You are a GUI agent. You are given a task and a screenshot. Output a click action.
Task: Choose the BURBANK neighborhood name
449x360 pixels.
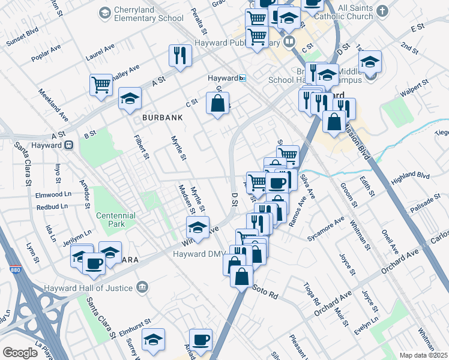161,118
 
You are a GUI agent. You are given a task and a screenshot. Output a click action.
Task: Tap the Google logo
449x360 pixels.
20,352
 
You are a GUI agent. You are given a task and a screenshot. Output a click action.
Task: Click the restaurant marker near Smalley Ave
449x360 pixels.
180,56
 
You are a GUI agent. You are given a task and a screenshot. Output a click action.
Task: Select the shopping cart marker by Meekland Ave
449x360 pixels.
101,84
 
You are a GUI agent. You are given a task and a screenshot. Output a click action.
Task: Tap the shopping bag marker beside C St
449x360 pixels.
217,103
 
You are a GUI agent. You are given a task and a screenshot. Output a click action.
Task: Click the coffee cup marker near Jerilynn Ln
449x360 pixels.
94,264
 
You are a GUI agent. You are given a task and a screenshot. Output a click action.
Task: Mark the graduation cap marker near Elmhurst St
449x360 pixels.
153,340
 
